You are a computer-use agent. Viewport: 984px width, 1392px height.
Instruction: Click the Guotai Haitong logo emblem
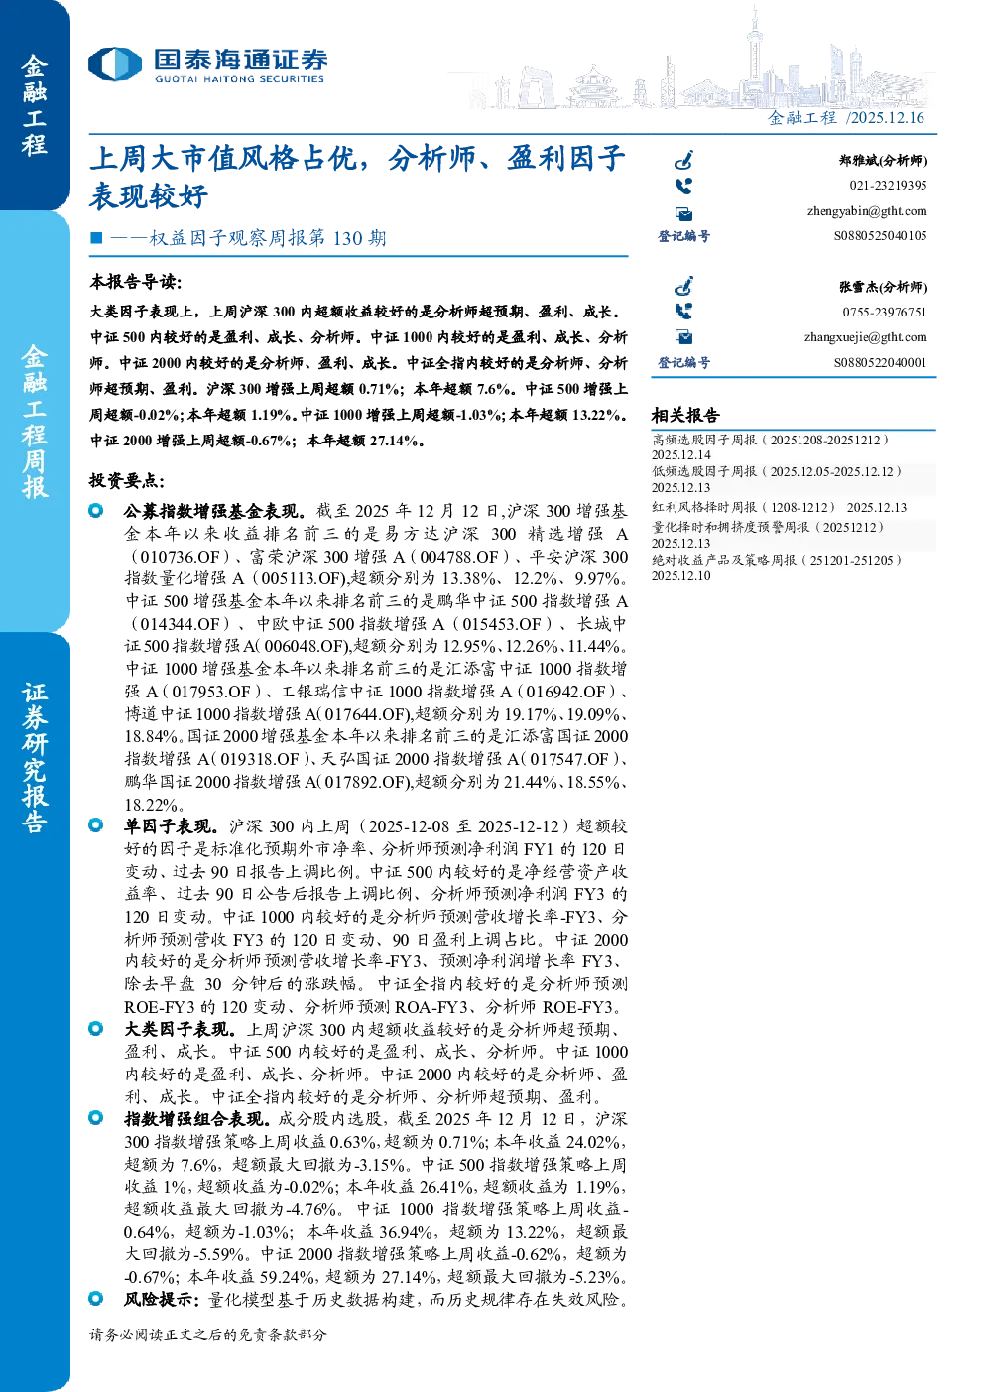(115, 64)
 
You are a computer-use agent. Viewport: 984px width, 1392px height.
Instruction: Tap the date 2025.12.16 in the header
(887, 117)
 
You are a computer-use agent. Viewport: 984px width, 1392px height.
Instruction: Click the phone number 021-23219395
(888, 186)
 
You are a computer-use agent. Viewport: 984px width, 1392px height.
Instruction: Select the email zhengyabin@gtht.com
(867, 211)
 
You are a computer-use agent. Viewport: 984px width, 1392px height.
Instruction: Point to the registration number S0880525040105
(880, 235)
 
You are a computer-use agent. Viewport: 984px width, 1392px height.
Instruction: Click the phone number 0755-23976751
(884, 312)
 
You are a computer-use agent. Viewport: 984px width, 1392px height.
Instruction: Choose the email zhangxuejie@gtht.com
(865, 337)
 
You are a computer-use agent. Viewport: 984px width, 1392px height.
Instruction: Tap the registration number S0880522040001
(880, 362)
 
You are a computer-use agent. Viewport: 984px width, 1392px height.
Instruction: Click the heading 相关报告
(685, 415)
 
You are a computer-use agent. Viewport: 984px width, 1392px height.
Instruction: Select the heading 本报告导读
(136, 282)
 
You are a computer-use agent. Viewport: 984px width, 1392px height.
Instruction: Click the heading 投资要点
(127, 480)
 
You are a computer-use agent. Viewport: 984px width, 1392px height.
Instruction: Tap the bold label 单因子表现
(171, 826)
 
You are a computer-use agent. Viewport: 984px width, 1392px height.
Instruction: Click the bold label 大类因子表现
(180, 1030)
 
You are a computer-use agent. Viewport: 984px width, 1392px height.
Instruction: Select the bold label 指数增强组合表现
(197, 1119)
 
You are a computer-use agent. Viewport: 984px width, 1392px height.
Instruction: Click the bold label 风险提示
(162, 1300)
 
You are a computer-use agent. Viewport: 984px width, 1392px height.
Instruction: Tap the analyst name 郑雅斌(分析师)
(883, 161)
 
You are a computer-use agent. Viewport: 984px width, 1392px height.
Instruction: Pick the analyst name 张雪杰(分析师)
(883, 287)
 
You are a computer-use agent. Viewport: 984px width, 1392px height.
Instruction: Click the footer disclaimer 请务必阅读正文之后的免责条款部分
(207, 1334)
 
